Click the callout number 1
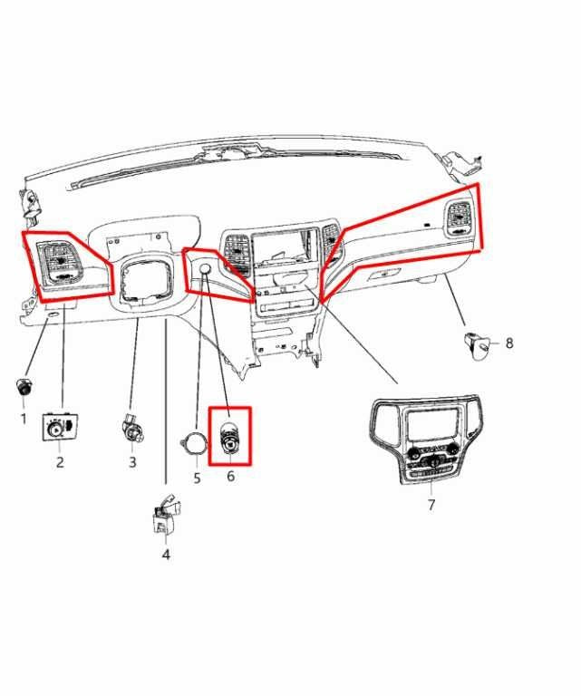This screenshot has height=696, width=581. (x=24, y=418)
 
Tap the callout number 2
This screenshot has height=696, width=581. (x=60, y=462)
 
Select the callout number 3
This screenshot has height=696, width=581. (x=132, y=462)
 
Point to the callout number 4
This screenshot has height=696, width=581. (x=166, y=555)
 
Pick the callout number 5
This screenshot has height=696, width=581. (x=197, y=478)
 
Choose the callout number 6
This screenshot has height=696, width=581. (x=230, y=476)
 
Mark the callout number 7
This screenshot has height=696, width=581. (x=431, y=505)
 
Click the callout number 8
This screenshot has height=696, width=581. (x=509, y=343)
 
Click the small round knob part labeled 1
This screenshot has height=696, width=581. (x=24, y=387)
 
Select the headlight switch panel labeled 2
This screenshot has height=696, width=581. (x=60, y=427)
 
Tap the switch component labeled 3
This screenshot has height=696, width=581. (x=131, y=428)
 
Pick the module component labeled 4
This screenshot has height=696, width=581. (x=166, y=515)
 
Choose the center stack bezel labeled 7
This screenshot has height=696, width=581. (x=426, y=440)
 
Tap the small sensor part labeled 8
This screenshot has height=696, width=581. (x=478, y=345)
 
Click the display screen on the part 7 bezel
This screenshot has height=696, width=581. (x=432, y=424)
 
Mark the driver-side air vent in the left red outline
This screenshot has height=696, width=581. (x=60, y=260)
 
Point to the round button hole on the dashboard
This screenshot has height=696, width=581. (x=205, y=268)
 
